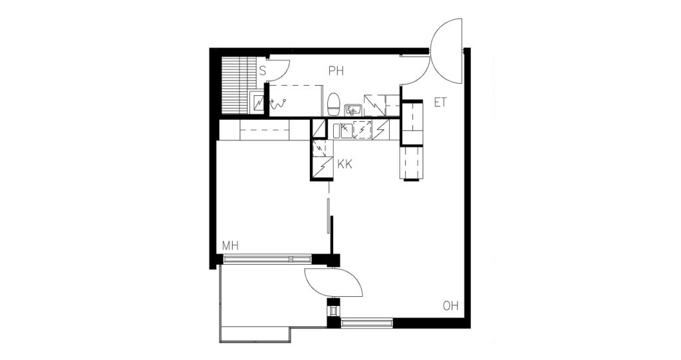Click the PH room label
(336, 71)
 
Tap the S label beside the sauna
(262, 71)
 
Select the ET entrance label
(440, 103)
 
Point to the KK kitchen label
(345, 164)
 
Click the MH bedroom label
(231, 246)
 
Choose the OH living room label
(450, 305)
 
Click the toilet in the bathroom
(333, 103)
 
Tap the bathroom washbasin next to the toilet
(352, 110)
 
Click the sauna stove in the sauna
(258, 104)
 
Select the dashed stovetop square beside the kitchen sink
(362, 130)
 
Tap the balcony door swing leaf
(334, 283)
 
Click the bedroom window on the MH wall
(267, 260)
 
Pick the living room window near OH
(367, 323)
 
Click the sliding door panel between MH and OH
(329, 217)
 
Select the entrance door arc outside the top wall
(446, 52)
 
